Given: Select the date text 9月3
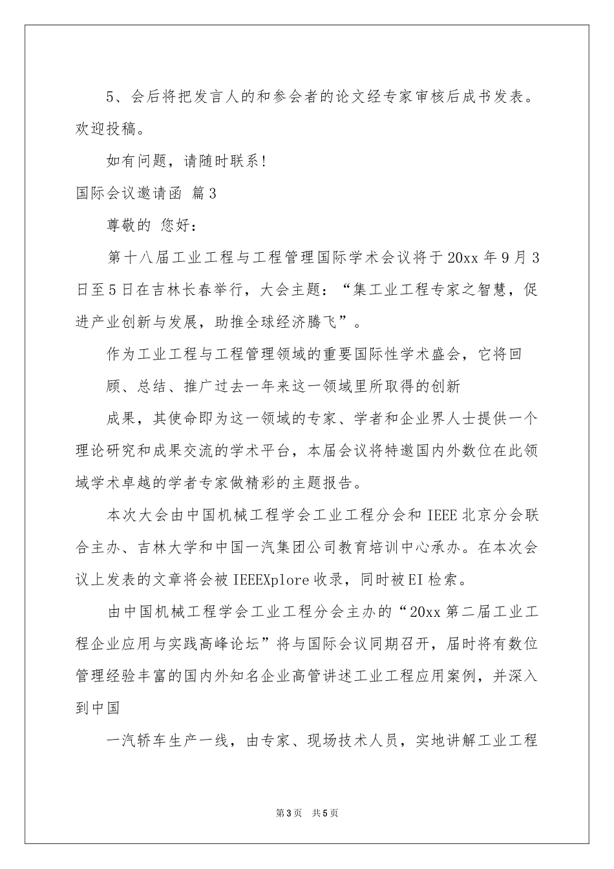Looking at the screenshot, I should pyautogui.click(x=520, y=257).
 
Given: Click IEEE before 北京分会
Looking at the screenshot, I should pyautogui.click(x=442, y=515).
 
